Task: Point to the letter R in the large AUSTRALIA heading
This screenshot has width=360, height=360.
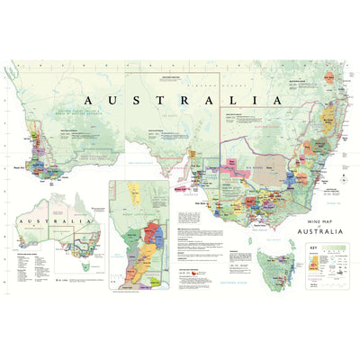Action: pos(191,99)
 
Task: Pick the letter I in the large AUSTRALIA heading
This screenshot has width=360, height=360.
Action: pos(255,99)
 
